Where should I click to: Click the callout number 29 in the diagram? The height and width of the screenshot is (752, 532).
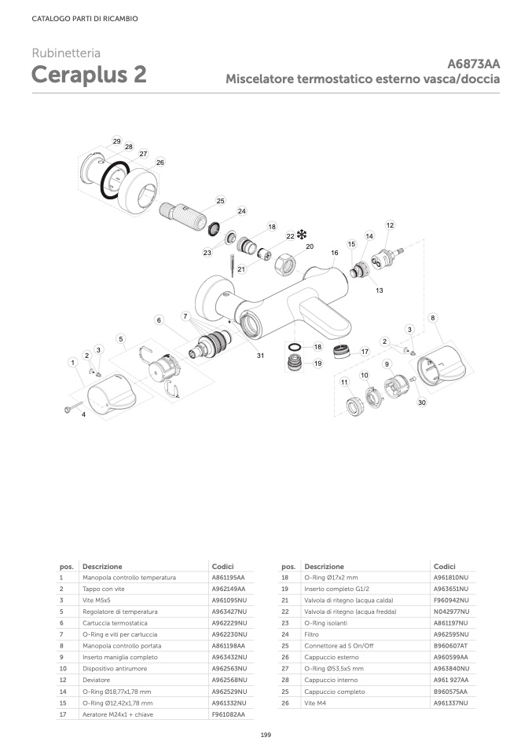pos(116,141)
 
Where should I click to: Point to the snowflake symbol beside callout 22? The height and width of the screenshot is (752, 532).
pos(301,234)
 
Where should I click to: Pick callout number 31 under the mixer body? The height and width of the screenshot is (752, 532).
pos(260,356)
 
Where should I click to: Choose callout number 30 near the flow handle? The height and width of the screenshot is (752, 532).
pos(421,403)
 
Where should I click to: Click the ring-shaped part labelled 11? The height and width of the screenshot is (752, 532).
pos(358,407)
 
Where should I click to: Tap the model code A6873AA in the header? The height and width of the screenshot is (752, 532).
pos(474,64)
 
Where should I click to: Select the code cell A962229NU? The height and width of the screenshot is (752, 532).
pos(229,622)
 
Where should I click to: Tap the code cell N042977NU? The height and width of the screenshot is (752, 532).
pos(451,611)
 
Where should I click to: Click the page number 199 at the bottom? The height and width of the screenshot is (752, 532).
pos(266,734)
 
